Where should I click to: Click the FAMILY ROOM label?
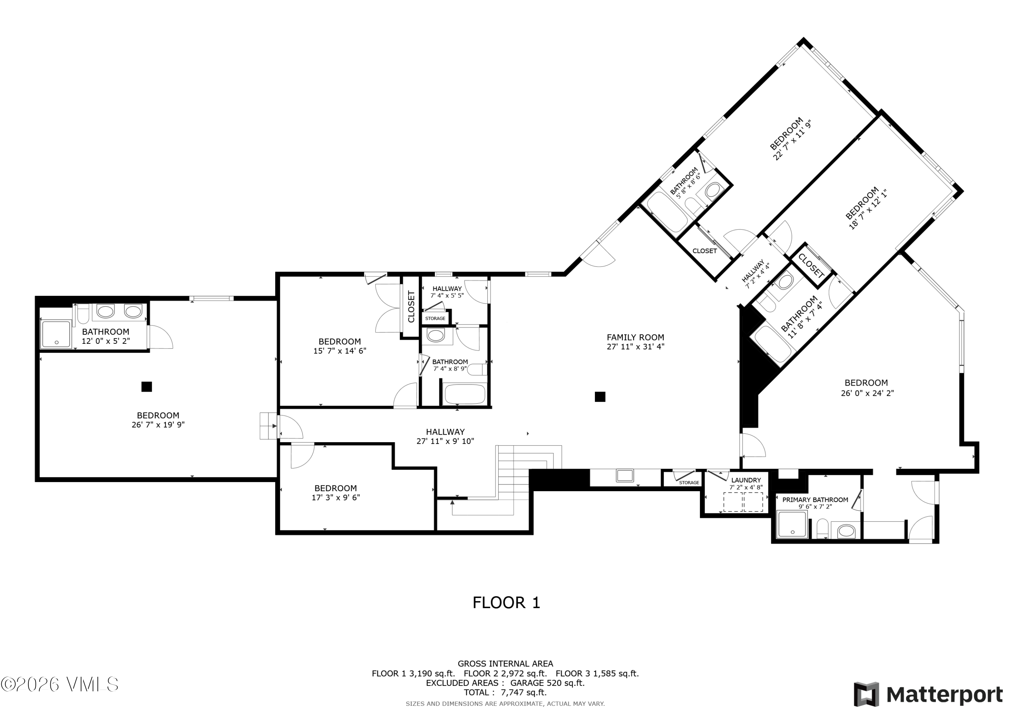[635, 337]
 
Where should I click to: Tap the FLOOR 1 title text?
[506, 603]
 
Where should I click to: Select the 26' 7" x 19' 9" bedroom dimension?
[158, 425]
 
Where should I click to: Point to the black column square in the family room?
[600, 397]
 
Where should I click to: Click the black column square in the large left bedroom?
[147, 386]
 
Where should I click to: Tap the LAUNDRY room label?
[746, 480]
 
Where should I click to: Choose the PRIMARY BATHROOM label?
[815, 500]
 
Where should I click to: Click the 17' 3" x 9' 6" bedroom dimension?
[336, 498]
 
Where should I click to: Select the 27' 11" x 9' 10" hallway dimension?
[445, 441]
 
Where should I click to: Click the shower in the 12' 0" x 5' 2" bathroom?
[56, 334]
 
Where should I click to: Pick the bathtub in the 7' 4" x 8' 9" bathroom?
[465, 394]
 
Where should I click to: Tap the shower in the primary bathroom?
[793, 524]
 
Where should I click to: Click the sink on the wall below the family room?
[625, 476]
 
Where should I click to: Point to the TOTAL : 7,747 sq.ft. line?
[505, 692]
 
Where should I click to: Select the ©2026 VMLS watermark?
[59, 684]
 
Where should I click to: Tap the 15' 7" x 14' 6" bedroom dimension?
[340, 351]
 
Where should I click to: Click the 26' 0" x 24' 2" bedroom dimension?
[867, 393]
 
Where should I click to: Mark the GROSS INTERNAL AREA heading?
[505, 664]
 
